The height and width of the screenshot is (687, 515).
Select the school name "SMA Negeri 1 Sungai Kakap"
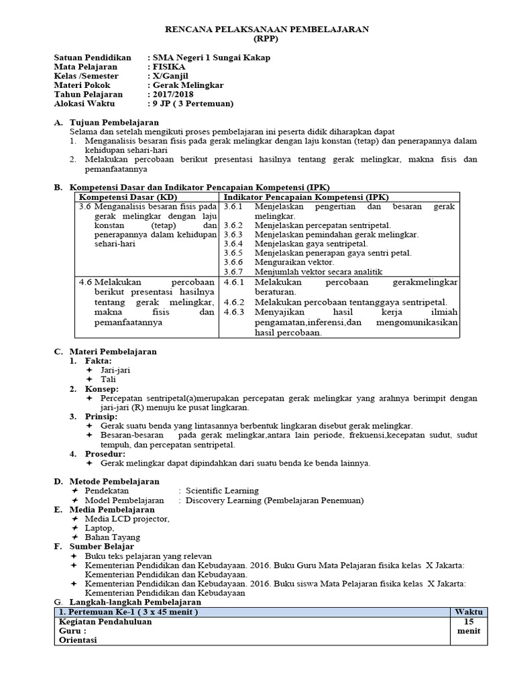212,58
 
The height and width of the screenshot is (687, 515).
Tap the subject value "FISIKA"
170,67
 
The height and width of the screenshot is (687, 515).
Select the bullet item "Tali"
109,380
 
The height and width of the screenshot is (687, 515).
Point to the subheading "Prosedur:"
104,454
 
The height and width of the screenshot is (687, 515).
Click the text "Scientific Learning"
222,490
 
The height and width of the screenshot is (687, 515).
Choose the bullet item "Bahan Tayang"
113,537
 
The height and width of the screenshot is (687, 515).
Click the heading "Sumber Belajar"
101,547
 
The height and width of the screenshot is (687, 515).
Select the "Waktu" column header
468,612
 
